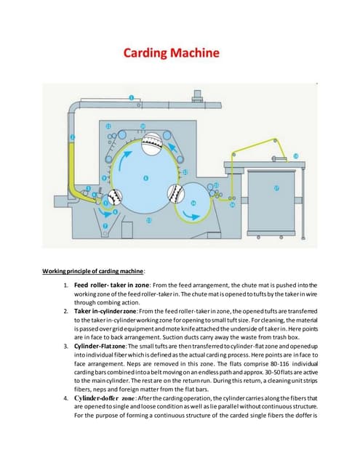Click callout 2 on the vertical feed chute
point(72,137)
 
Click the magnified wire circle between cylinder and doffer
point(175,193)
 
